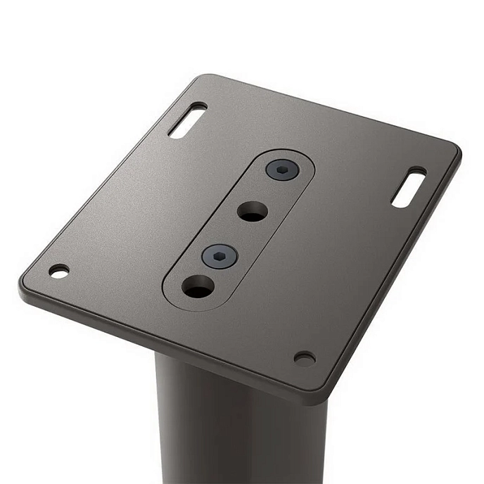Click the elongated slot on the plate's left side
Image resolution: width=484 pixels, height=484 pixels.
[x=187, y=120]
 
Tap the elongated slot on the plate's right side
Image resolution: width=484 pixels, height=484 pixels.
[x=409, y=187]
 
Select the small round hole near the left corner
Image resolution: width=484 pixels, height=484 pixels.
[x=59, y=271]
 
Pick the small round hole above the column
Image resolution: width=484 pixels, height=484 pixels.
[x=305, y=358]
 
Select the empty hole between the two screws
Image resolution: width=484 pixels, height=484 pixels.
[x=252, y=210]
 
